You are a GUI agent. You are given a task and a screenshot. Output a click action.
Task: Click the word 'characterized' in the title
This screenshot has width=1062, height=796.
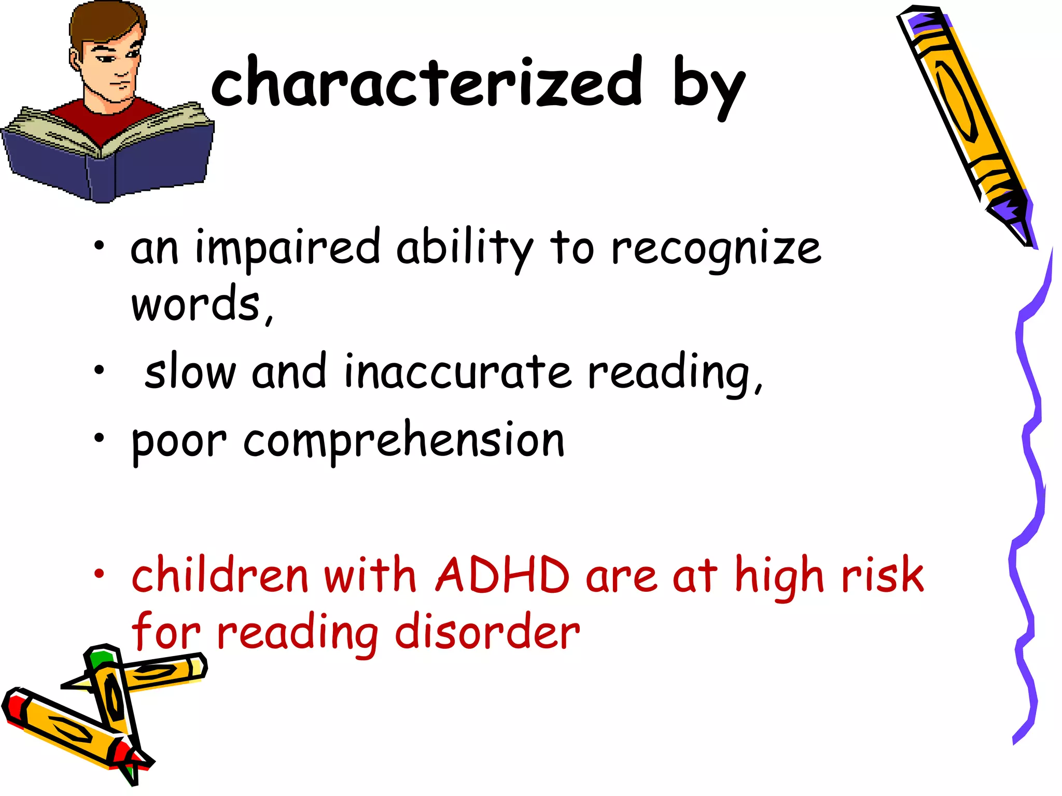click(426, 83)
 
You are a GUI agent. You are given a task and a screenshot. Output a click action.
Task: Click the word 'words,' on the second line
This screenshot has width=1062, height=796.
click(201, 304)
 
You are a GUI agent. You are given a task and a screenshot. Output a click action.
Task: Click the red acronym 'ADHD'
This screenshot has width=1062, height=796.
click(502, 575)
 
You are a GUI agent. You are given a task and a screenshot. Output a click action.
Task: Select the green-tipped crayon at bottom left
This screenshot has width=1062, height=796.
click(111, 689)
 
